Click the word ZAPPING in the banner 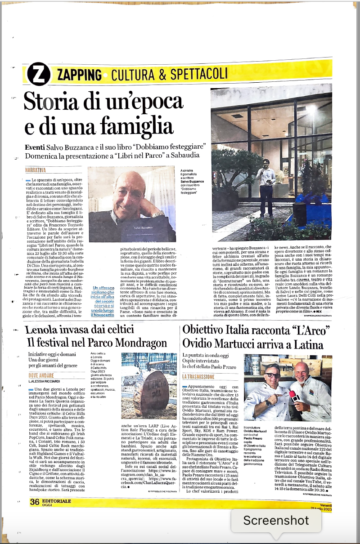pos(79,75)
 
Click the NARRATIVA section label pos(36,170)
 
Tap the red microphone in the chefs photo pos(294,396)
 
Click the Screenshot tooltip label pos(276,521)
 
